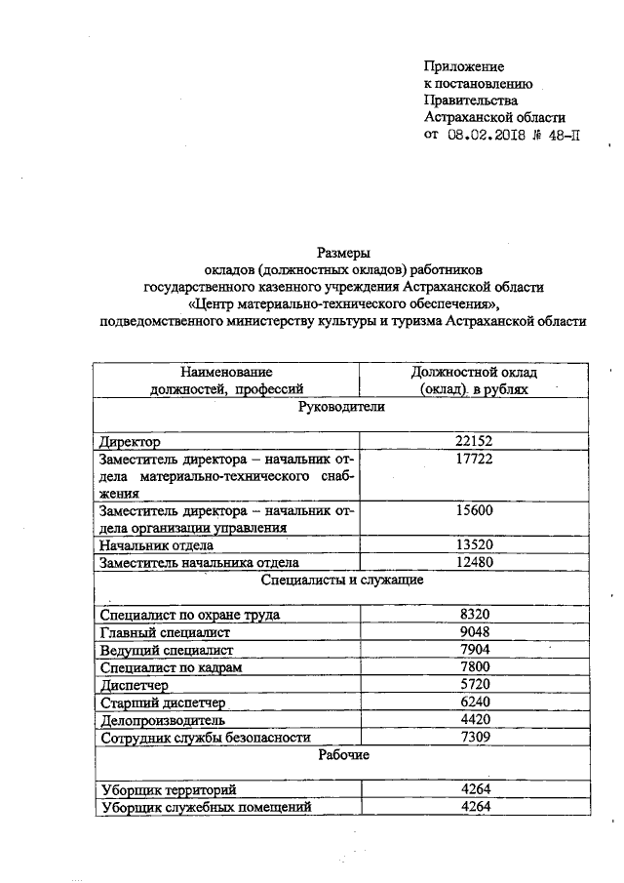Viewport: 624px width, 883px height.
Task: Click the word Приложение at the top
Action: click(x=464, y=66)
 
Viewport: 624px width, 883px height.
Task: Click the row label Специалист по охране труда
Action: click(x=190, y=615)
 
